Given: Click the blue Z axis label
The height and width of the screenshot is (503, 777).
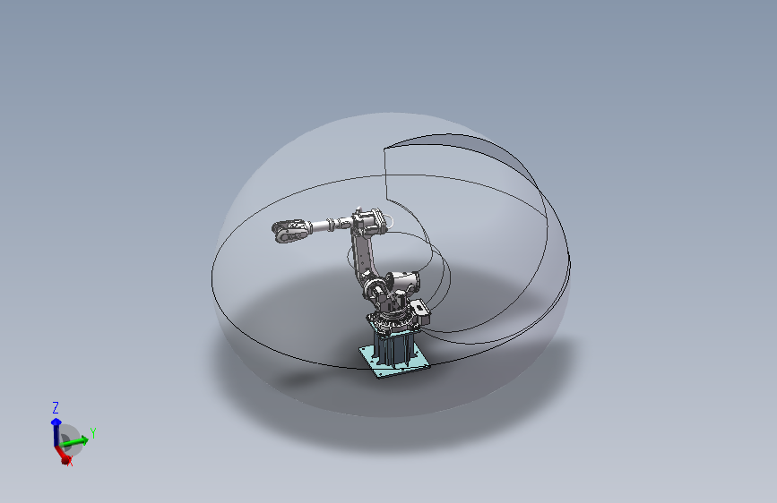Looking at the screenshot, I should [x=56, y=407].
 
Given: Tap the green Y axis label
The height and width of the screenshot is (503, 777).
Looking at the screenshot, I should [x=92, y=432].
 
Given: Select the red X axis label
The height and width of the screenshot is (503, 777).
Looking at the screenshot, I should [x=70, y=463].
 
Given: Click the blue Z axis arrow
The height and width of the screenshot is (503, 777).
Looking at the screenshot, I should [x=56, y=423].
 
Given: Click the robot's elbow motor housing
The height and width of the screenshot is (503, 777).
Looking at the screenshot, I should [x=369, y=219].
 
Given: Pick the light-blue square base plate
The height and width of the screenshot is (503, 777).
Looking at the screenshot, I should [x=394, y=362].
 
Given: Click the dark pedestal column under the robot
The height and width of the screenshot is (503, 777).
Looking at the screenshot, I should [x=394, y=345].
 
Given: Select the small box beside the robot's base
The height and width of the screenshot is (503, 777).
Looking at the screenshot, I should [x=420, y=312].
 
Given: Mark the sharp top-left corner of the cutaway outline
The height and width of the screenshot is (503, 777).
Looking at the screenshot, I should [x=384, y=146].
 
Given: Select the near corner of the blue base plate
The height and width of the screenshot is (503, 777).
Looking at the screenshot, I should [x=377, y=375].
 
